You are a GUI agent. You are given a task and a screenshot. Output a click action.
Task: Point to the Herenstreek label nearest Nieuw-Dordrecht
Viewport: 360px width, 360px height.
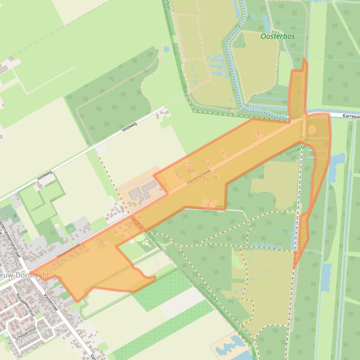68,251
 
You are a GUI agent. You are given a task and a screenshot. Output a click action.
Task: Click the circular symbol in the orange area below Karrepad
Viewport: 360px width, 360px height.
312,129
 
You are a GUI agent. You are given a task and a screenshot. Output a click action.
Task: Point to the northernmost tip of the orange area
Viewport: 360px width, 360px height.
305,58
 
